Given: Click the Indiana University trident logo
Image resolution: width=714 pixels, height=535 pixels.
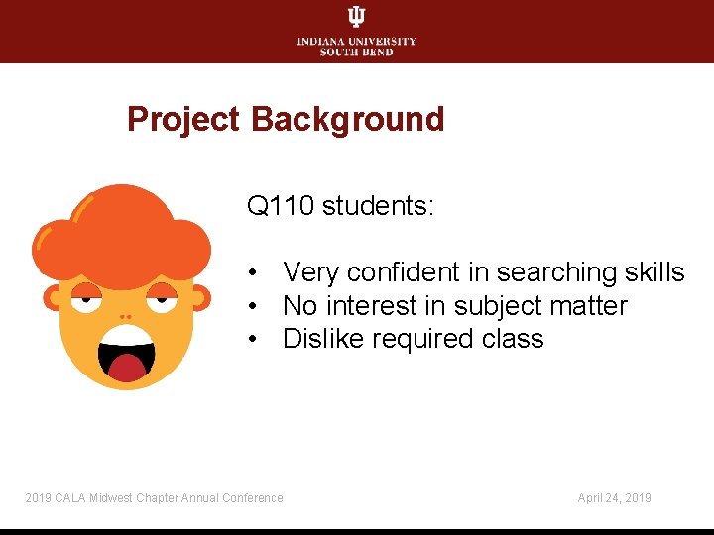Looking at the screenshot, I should click(x=356, y=17).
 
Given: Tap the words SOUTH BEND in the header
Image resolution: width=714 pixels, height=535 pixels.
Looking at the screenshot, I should click(x=356, y=52).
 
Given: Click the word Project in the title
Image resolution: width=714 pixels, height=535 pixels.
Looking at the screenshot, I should click(x=183, y=120).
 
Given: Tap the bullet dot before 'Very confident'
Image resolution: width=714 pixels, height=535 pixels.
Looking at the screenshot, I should click(x=255, y=273).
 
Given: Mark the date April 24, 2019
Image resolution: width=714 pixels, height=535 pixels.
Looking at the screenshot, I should click(x=614, y=498).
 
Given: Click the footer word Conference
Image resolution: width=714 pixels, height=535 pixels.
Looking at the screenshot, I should click(x=253, y=498).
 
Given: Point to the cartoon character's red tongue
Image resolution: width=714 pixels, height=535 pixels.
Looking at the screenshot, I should click(x=127, y=369).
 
